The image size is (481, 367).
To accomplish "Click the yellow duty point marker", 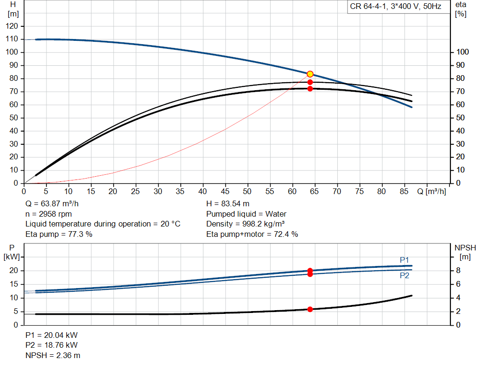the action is coord(310,74).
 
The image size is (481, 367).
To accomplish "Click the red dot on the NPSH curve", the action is coord(310,309).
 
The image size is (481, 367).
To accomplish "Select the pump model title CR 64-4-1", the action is coord(368,7).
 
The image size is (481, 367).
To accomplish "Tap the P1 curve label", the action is coord(404,260).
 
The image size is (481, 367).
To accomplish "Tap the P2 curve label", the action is coord(404,275).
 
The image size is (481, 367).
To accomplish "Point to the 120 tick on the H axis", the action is coord(12,26).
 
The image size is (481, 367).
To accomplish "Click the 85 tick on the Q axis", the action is coord(404,191).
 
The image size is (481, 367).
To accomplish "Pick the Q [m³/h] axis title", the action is coord(431,191).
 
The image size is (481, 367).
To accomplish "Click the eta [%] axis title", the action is coord(461,9).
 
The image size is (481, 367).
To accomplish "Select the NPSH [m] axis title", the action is coord(465,252).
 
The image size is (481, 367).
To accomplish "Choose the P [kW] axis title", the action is coord(12,252).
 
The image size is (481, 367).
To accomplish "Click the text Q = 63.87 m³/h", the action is coord(52,204).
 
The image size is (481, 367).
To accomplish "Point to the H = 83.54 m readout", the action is coord(228,204).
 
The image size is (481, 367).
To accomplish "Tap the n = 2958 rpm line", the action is coord(48,214).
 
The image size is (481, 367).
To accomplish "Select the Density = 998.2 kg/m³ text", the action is coord(245,224).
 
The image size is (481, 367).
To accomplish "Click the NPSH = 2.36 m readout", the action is coord(53,355).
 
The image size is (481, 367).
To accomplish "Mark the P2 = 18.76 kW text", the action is coord(52,345).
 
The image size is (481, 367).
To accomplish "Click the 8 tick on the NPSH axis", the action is coord(458,270).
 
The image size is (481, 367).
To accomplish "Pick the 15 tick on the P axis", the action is coord(14,284).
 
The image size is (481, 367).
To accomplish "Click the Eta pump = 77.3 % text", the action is coord(59,234).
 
